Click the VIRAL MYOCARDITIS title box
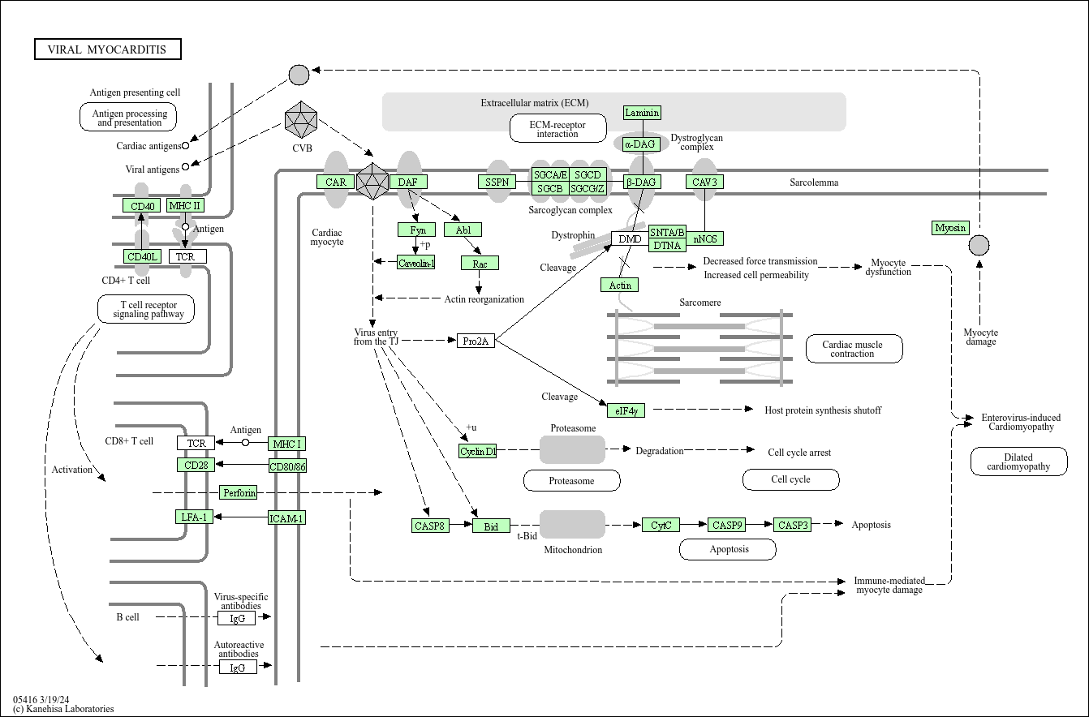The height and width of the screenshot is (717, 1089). pos(107,49)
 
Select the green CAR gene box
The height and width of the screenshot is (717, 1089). pos(336,182)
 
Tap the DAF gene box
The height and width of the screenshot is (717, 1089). pos(407,182)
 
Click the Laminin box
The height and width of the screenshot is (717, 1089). pos(642,113)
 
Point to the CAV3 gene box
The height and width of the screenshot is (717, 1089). pos(704,182)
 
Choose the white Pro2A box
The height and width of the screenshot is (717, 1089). pos(476,341)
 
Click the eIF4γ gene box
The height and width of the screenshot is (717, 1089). pos(626,410)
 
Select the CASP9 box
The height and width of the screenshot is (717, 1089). pos(727,525)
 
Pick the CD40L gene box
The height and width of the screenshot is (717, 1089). pos(143,256)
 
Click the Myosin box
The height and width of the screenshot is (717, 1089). pos(950,228)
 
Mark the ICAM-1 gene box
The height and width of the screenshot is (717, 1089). pos(286,517)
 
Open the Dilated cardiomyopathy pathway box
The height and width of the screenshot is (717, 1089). pos(1018,462)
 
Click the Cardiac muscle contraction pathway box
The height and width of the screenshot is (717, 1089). pos(854,349)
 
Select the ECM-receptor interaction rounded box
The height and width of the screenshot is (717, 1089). pos(557,128)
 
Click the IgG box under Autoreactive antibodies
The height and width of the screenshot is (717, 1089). pos(238,667)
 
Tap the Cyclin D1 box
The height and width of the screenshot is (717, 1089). pos(477,451)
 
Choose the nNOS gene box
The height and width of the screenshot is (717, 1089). pos(704,238)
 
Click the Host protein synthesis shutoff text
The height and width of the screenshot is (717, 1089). pos(822,410)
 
